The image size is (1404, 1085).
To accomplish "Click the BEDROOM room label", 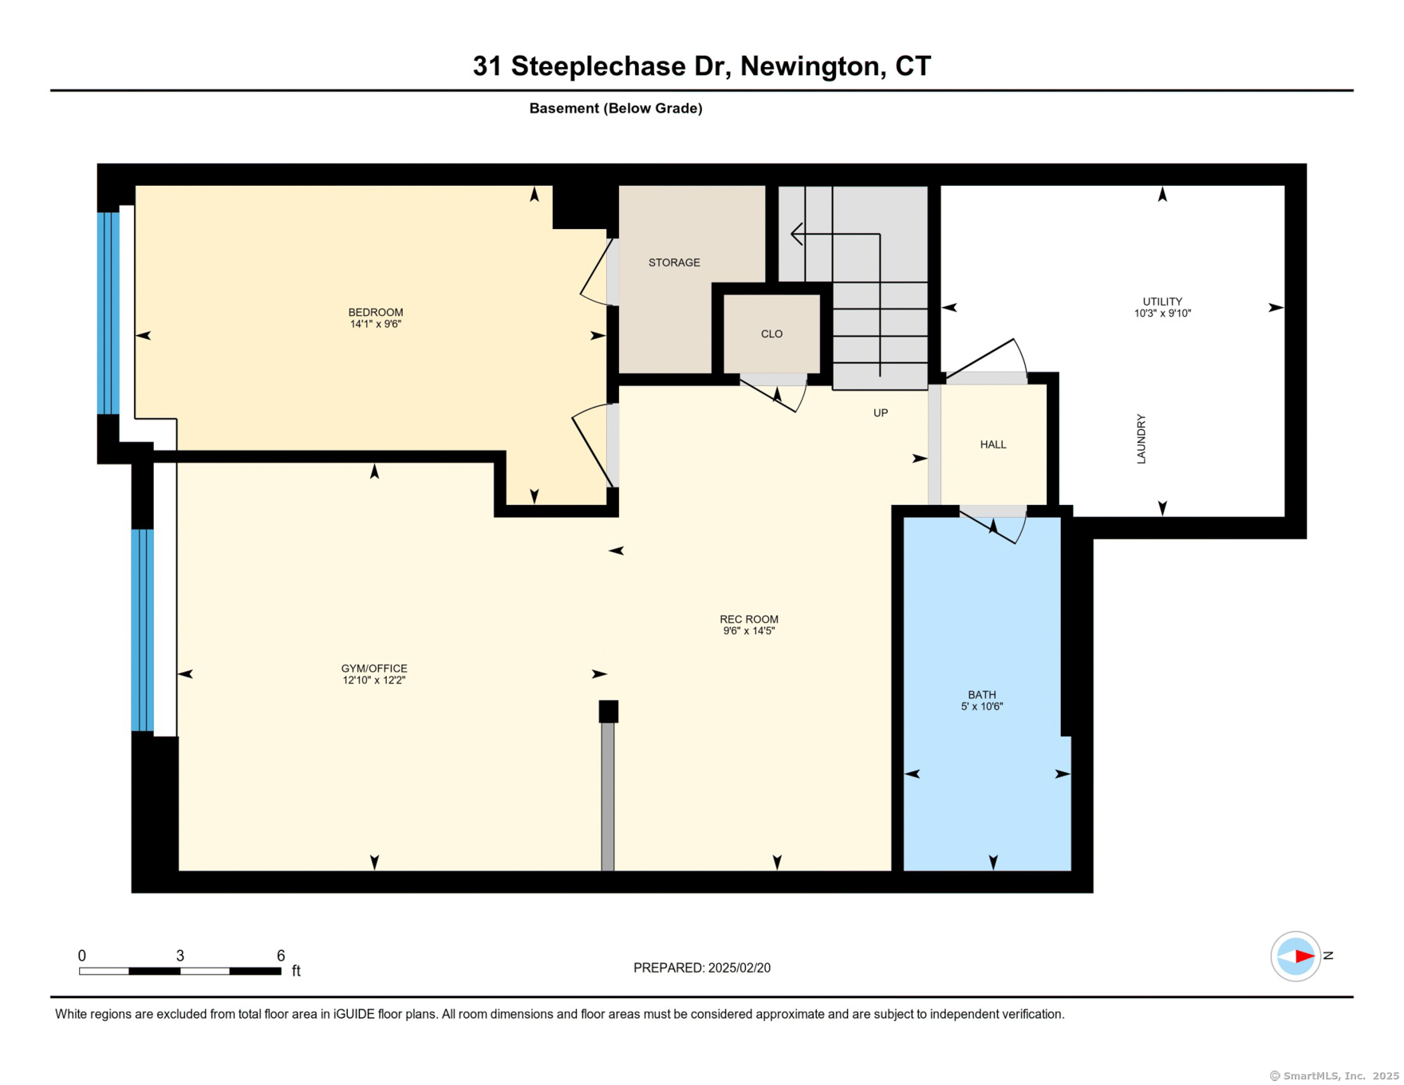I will click(x=375, y=312).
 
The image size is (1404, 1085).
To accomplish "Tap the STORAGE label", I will click(x=674, y=262).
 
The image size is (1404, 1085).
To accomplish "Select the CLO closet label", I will click(x=771, y=333).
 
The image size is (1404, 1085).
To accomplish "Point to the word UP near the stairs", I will click(x=880, y=412).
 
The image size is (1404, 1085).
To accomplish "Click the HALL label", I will click(x=992, y=444).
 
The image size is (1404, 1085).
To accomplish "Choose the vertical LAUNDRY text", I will click(x=1141, y=439).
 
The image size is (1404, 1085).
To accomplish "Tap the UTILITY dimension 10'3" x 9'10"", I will click(x=1162, y=314).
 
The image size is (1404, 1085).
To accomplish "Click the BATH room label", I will click(x=981, y=694).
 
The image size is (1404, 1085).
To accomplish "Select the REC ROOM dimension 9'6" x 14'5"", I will click(x=748, y=631).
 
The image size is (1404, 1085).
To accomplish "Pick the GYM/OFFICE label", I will click(x=374, y=669).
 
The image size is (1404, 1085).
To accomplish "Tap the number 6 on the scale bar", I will click(x=281, y=956).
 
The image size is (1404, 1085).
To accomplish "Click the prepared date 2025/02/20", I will click(x=739, y=968).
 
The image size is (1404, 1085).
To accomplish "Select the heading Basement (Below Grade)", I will click(x=615, y=108).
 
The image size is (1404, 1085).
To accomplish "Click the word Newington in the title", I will click(x=810, y=66).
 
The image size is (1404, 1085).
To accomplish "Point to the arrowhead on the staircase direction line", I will click(x=796, y=234).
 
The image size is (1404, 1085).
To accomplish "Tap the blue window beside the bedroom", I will click(x=108, y=313).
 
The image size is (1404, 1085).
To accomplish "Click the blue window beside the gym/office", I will click(x=142, y=630).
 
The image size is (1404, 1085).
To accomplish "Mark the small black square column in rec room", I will click(x=609, y=712).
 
